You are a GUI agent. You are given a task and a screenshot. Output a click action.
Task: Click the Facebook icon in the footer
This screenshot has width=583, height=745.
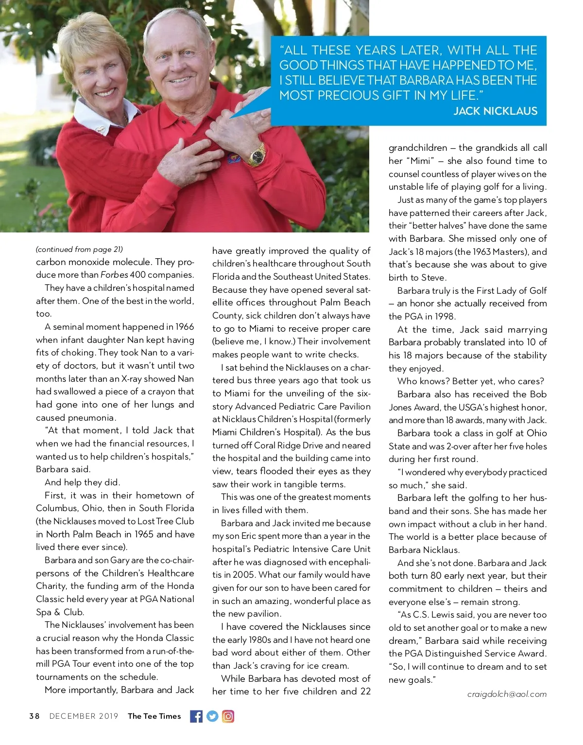(196, 716)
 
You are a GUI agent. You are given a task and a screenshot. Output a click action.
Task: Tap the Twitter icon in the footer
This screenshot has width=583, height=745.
(212, 716)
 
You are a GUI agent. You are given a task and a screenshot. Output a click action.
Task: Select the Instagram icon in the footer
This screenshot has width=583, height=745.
(228, 716)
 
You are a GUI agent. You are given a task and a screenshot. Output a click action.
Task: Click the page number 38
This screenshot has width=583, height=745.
(34, 716)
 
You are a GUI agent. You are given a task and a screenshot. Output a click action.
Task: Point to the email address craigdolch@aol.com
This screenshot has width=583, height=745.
(507, 694)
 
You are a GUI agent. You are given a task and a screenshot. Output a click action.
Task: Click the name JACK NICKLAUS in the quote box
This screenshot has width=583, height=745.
(495, 111)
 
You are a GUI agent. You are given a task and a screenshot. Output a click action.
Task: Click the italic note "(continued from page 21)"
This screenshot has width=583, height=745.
(79, 249)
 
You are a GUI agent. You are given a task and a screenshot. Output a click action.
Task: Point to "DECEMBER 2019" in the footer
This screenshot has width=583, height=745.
(84, 716)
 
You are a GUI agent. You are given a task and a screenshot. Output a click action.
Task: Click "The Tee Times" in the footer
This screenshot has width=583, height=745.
(154, 716)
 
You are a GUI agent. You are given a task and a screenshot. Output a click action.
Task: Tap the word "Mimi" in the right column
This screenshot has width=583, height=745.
(419, 161)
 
